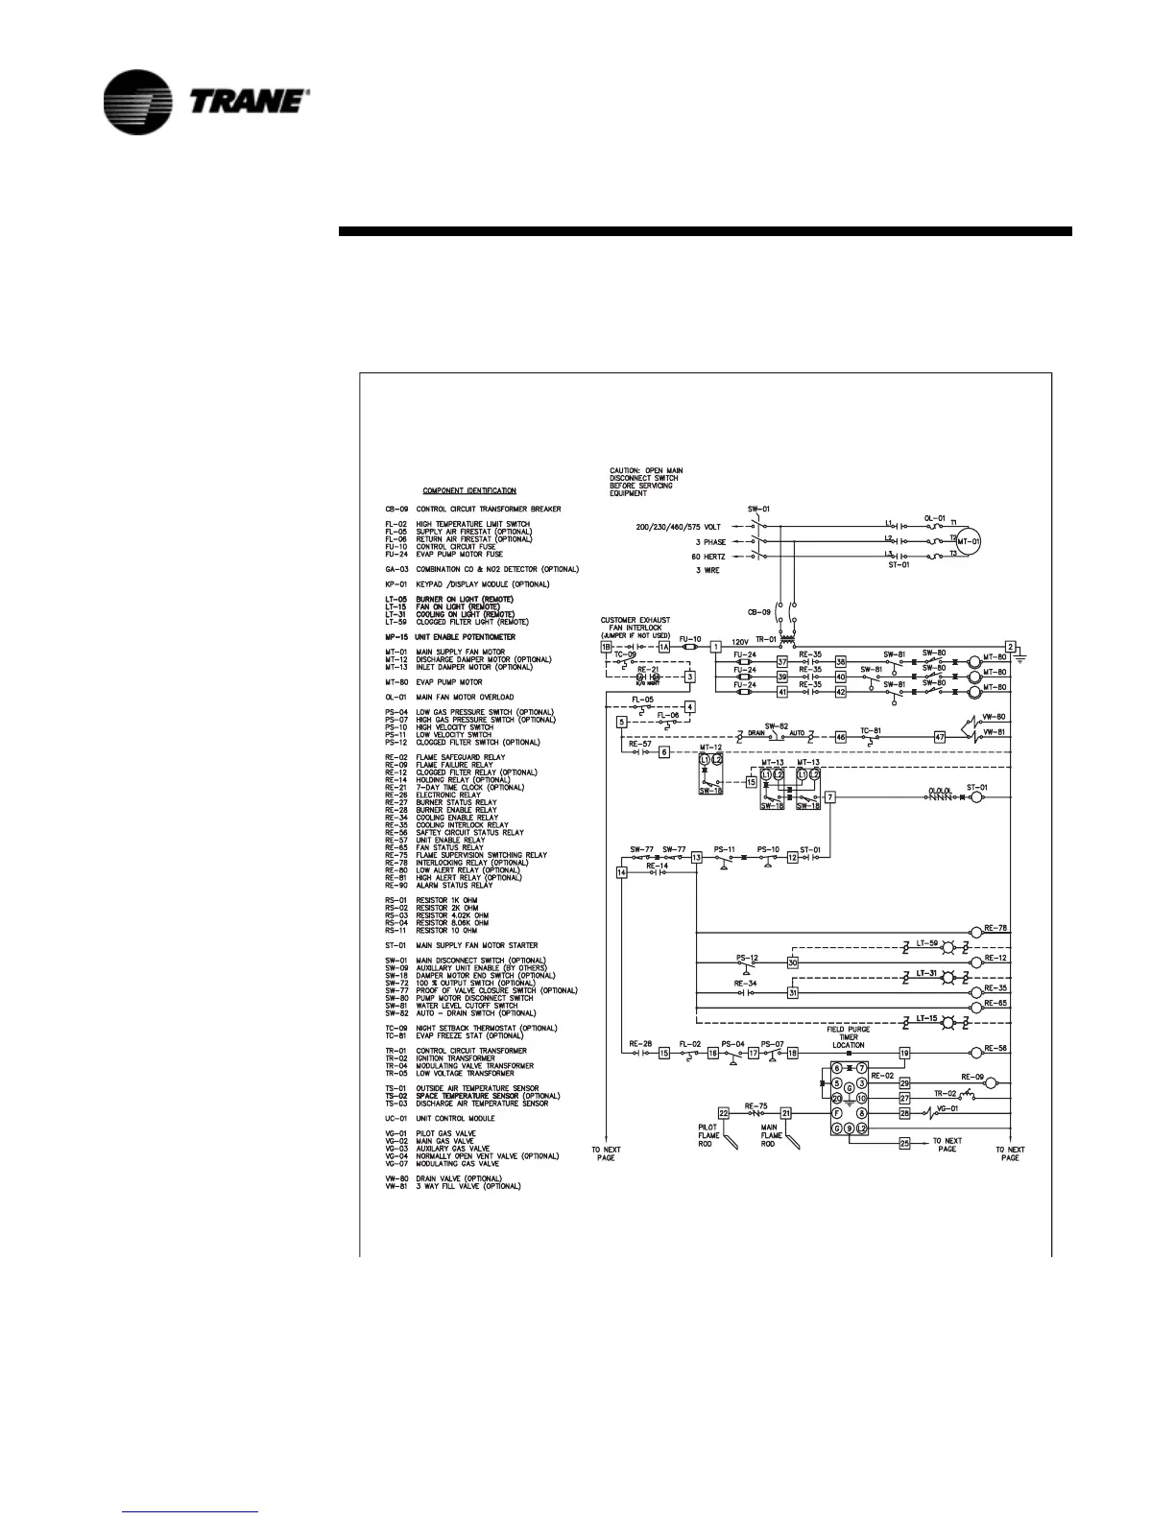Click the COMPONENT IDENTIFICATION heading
tap(469, 490)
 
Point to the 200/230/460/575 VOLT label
tap(678, 527)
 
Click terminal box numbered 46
tap(840, 737)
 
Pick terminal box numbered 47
tap(940, 737)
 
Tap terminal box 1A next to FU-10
tap(663, 648)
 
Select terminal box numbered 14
tap(622, 872)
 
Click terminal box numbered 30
tap(793, 962)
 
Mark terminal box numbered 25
tap(904, 1142)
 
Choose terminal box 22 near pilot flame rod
tap(724, 1113)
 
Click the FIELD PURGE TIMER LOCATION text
tap(849, 1037)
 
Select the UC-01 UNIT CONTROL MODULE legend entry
tap(454, 1119)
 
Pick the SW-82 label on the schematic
tap(776, 725)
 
